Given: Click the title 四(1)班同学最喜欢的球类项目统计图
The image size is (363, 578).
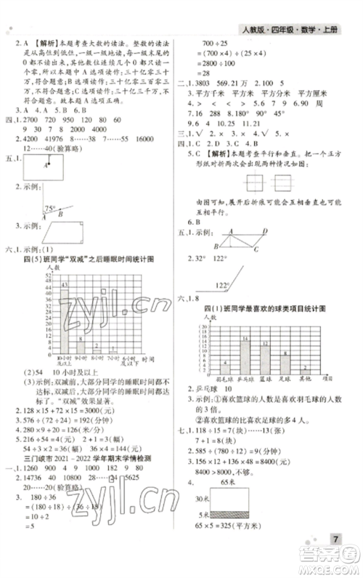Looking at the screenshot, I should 262,309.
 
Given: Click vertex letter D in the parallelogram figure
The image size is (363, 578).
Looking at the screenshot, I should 266,230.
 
